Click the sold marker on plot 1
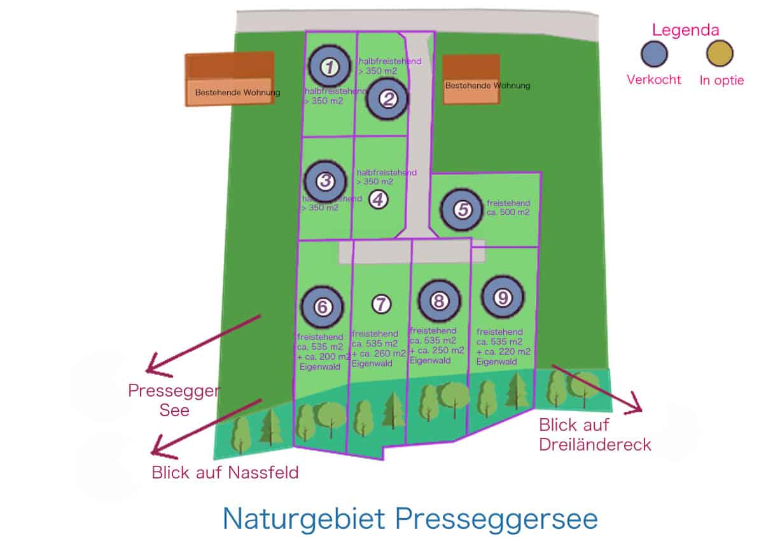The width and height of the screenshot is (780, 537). [329, 66]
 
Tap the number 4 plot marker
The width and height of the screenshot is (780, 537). [378, 200]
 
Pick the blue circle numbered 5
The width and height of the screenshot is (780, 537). [463, 210]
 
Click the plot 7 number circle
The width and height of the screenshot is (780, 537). [380, 304]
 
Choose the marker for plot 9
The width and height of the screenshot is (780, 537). [503, 297]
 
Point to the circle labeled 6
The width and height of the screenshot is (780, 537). [322, 307]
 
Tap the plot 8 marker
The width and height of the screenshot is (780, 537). [439, 301]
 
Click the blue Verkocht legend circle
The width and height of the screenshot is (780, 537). [653, 54]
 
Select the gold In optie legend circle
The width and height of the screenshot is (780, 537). [720, 54]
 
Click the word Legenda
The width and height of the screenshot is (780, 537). [686, 30]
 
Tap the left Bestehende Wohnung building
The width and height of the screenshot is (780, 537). [230, 79]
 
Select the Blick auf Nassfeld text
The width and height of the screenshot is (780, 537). [225, 473]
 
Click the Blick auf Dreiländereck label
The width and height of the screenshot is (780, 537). [595, 434]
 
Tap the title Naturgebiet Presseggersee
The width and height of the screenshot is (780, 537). [410, 519]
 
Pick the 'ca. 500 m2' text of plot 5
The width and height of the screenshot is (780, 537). [508, 212]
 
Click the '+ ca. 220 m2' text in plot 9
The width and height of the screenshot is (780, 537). [503, 351]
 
